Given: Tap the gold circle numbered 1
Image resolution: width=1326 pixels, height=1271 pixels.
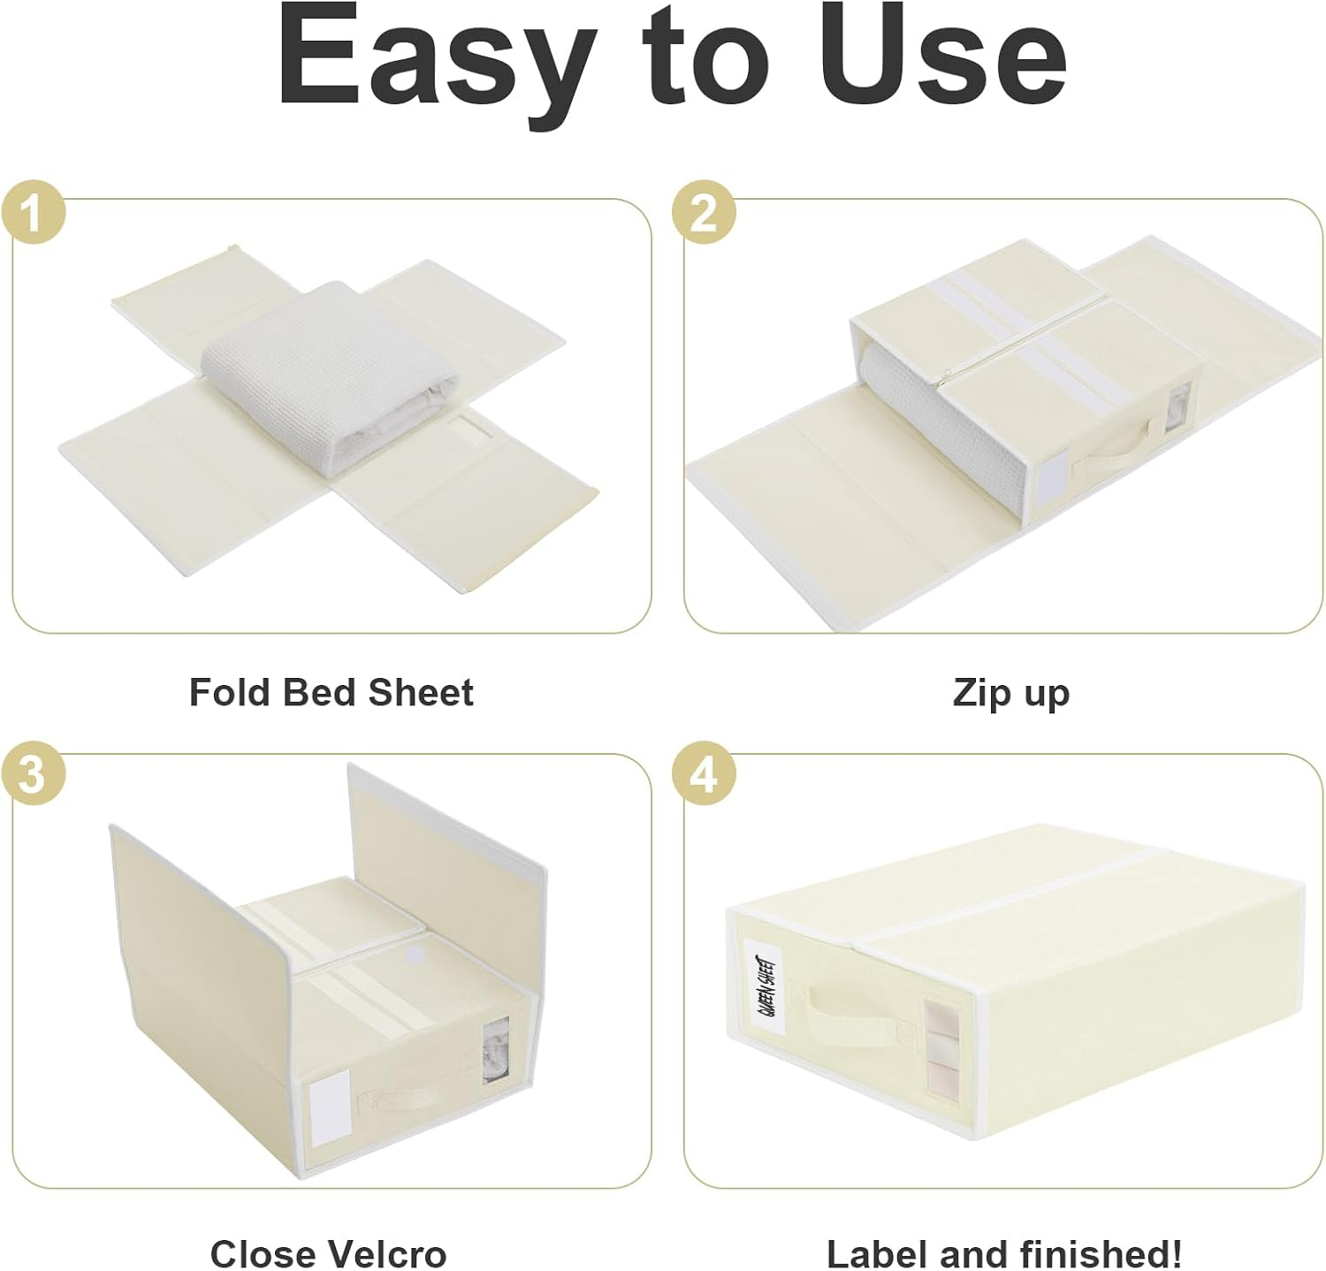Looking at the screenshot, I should coord(33,214).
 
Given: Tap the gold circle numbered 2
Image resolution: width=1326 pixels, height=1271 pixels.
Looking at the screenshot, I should coord(704,214).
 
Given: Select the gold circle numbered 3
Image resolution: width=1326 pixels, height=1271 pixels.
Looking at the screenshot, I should coord(33,776).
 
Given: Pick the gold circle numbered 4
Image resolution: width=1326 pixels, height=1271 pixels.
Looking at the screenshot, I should coord(704,776).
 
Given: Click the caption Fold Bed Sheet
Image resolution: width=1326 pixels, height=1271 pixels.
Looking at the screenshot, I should coord(331,692).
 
